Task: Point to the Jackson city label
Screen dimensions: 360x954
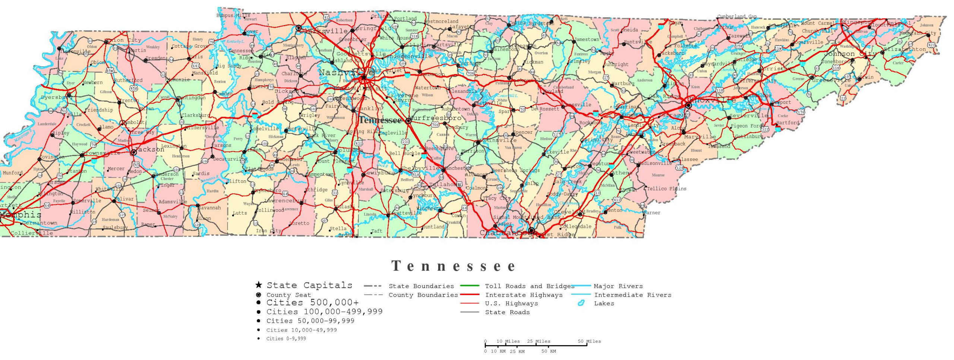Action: coord(150,149)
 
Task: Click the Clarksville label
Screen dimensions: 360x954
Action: coord(325,31)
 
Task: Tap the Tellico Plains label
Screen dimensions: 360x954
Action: coord(666,189)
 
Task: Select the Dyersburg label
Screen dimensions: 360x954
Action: coord(56,97)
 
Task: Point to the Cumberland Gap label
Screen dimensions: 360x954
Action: coord(737,16)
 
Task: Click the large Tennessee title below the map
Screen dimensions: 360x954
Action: coord(454,266)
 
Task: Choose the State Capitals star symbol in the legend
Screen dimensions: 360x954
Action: coord(258,285)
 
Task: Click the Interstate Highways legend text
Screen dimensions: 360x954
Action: coord(524,295)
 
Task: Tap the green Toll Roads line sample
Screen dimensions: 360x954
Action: coord(470,286)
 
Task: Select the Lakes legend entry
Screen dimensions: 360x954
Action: coord(604,303)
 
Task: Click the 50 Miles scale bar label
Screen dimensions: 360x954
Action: coord(589,341)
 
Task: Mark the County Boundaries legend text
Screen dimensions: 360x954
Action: coord(423,295)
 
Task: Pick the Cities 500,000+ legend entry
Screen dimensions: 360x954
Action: coord(312,303)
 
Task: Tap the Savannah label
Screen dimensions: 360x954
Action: coord(210,208)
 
